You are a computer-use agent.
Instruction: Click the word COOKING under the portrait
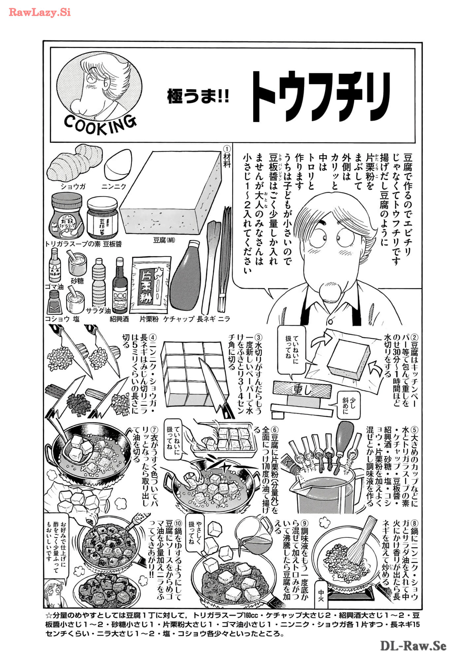pos(100,124)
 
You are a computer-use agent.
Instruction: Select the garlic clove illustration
pos(118,164)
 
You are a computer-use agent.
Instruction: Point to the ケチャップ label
pos(179,319)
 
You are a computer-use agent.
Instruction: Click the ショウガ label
pos(73,186)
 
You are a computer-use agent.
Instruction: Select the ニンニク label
pos(114,186)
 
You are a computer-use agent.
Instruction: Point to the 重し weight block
pos(302,390)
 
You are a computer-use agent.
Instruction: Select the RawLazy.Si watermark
pos(40,13)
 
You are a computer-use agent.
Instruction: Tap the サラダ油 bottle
pos(99,282)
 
